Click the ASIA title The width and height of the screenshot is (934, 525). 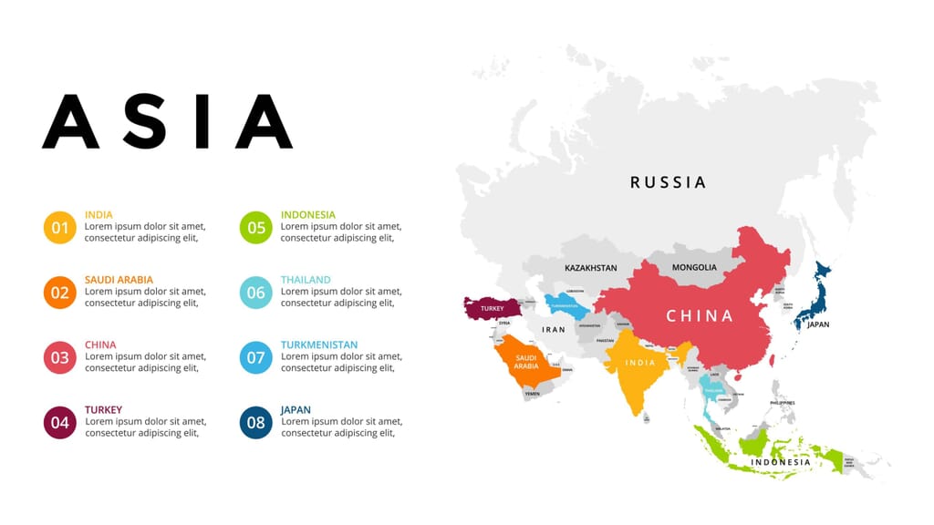point(167,121)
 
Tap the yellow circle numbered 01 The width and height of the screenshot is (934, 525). point(59,227)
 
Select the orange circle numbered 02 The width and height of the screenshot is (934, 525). point(59,293)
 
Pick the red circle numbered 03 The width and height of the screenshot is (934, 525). point(59,357)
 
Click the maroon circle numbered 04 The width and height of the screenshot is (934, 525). point(59,422)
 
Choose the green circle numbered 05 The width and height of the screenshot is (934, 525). point(255,227)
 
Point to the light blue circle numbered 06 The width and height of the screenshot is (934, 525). point(255,293)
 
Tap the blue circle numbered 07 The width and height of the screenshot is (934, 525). point(255,357)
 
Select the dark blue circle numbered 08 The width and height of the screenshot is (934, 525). point(255,422)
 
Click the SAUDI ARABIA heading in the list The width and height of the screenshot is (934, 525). point(119,280)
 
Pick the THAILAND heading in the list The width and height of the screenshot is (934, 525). point(306,280)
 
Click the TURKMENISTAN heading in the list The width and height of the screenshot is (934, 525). point(318,345)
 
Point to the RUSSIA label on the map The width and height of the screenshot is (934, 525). point(669,182)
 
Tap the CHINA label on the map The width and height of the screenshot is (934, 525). point(700,316)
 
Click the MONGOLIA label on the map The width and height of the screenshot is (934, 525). point(694,267)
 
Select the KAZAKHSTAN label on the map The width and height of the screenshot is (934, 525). point(590,268)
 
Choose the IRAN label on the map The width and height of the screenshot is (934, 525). point(554,329)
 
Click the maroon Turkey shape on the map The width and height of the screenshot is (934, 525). point(491,308)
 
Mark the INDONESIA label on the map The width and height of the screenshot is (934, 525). point(780,462)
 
